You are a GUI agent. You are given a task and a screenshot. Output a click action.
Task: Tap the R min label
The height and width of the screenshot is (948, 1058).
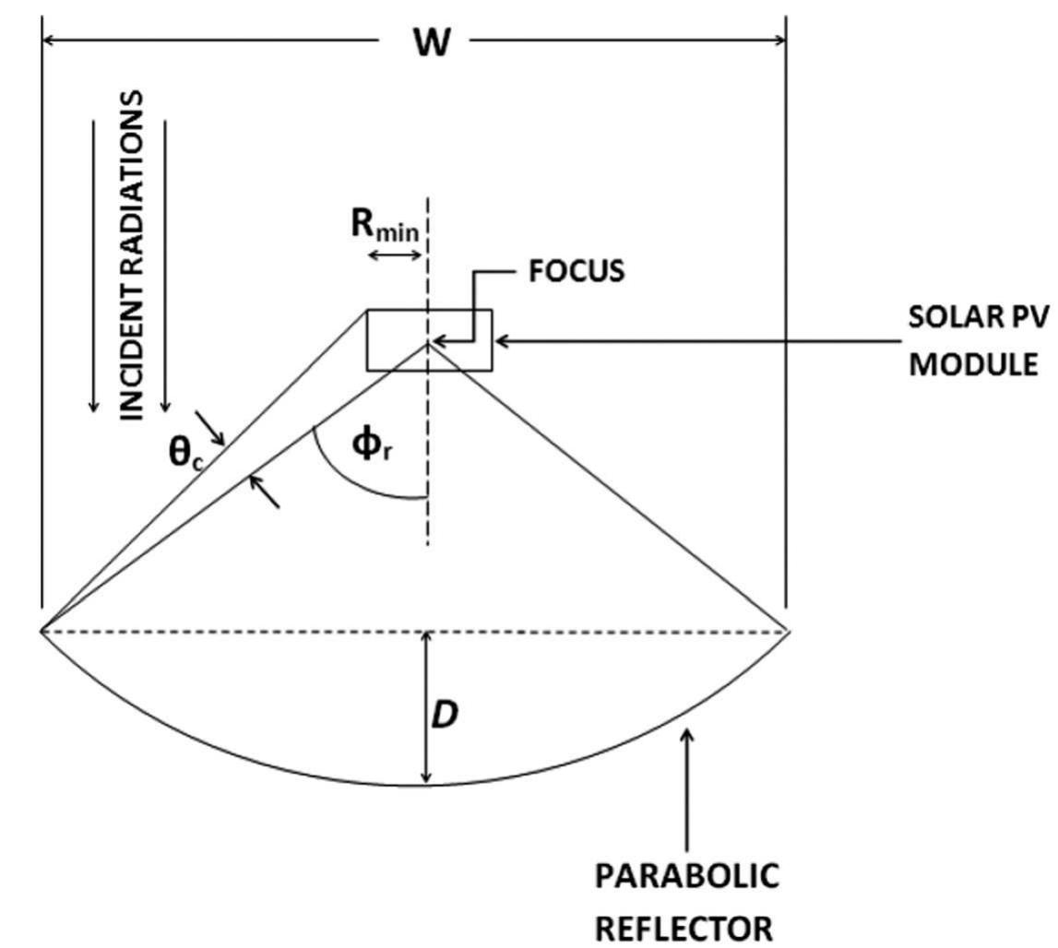[x=386, y=226]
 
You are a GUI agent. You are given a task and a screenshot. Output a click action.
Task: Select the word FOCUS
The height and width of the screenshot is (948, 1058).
[x=576, y=272]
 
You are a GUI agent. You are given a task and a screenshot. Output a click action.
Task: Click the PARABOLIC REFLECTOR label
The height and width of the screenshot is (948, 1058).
[x=685, y=901]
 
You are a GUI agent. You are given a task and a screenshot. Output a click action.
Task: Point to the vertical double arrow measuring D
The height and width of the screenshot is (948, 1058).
[x=425, y=707]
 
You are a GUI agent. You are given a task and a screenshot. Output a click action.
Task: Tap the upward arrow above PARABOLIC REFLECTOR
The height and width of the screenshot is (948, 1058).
[x=686, y=784]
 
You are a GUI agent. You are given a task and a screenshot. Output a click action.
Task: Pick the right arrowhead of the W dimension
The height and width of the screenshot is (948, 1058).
[x=779, y=40]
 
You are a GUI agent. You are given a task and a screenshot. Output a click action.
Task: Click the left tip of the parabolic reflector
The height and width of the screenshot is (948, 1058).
[x=42, y=631]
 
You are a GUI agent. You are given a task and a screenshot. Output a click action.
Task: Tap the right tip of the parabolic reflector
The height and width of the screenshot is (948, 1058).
[x=790, y=632]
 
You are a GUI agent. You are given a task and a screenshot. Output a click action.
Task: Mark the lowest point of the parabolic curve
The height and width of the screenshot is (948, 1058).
[x=425, y=786]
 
